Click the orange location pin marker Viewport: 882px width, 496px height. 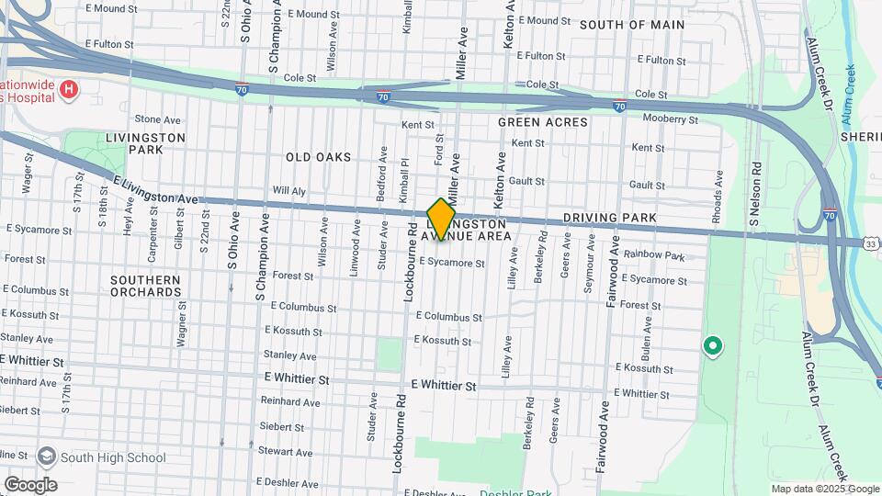pos(441,220)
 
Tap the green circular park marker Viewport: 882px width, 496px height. pos(711,346)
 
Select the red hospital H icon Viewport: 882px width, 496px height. pos(68,89)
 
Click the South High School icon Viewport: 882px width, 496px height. pos(46,457)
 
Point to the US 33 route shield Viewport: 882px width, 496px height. pos(871,242)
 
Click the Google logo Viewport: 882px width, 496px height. pos(29,484)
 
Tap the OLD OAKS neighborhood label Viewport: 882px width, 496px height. pos(318,157)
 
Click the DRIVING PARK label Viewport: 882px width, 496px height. pos(609,218)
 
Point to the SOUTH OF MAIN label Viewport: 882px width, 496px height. pos(632,25)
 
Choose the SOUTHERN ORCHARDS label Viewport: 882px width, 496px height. pos(146,286)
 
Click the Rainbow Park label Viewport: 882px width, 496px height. pos(654,255)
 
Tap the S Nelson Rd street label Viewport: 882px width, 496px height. pos(756,195)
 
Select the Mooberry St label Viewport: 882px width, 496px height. pos(670,118)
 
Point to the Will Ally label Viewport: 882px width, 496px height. pos(287,192)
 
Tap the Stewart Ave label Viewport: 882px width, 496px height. pos(286,451)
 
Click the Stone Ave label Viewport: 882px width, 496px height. pos(158,119)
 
